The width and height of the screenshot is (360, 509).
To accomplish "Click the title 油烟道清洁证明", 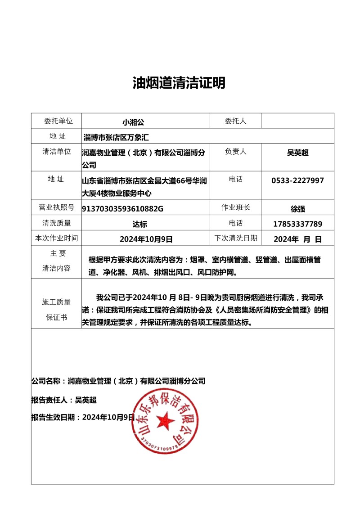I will click(179, 83).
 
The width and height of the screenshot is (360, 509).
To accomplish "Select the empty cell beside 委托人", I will click(297, 121).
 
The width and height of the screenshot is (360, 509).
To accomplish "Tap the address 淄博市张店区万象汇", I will click(116, 137).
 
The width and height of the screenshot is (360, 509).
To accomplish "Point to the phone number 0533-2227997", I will click(297, 180).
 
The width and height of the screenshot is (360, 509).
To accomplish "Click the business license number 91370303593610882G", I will click(122, 208).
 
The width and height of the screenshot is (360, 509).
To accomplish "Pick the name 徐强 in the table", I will click(297, 208).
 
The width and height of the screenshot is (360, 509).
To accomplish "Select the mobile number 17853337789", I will click(297, 224).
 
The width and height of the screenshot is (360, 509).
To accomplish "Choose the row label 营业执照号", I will click(56, 207).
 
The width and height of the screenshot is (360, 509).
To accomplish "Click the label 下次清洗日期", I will click(236, 238).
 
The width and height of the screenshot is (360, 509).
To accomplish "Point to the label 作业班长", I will click(236, 207).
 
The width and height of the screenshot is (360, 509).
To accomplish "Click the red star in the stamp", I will click(165, 420).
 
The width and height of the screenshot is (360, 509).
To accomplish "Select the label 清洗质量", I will click(56, 223).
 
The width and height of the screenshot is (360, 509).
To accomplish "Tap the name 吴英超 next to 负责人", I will click(297, 153).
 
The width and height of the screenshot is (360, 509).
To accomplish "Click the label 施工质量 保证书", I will click(56, 310).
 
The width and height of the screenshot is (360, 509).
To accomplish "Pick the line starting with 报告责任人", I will click(64, 400).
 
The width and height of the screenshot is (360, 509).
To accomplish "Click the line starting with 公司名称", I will click(118, 381).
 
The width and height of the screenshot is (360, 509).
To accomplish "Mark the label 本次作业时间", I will click(56, 238).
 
